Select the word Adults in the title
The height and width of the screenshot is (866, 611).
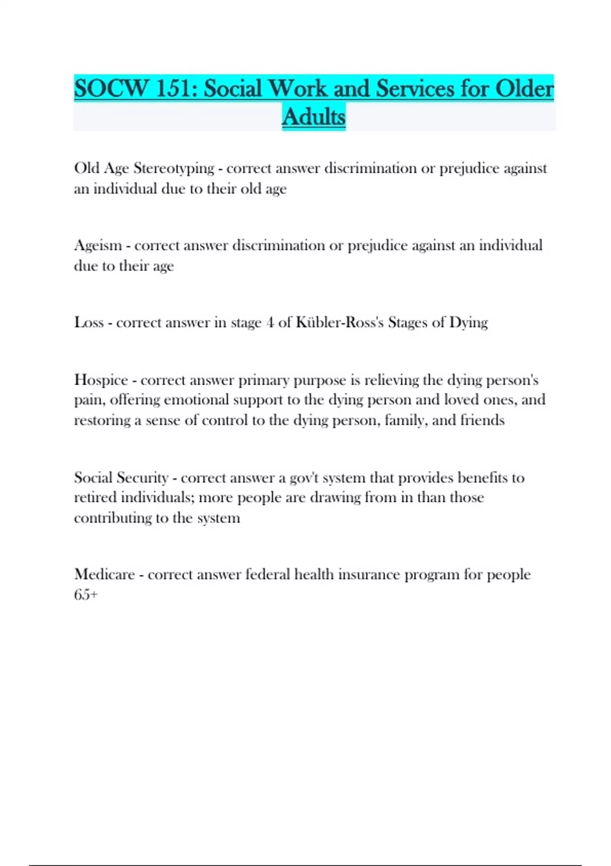[314, 117]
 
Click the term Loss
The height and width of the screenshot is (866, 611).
[89, 322]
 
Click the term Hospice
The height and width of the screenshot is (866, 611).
[101, 380]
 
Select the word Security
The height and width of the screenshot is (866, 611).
[142, 478]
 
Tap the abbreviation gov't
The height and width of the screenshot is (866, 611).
[304, 478]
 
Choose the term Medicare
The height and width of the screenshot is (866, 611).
[104, 575]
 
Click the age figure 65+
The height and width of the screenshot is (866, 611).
[86, 594]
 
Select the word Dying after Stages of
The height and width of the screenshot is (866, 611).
[468, 322]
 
